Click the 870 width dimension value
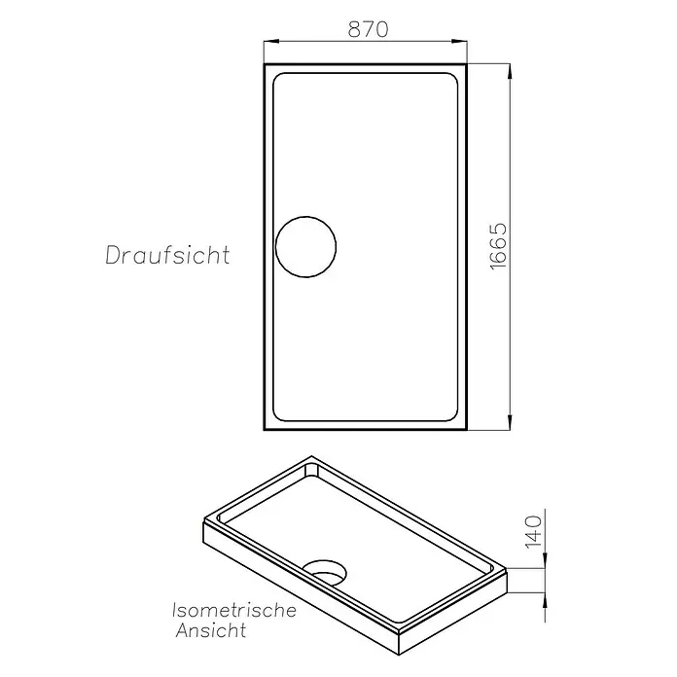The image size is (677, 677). pyautogui.click(x=368, y=29)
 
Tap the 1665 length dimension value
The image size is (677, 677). pyautogui.click(x=498, y=246)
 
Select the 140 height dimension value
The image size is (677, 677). pyautogui.click(x=534, y=531)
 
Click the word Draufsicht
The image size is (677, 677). pyautogui.click(x=167, y=255)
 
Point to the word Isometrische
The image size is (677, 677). pyautogui.click(x=234, y=611)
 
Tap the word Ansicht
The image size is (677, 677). pyautogui.click(x=211, y=631)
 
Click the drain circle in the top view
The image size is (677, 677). pyautogui.click(x=305, y=217)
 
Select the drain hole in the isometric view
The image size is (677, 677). pyautogui.click(x=324, y=573)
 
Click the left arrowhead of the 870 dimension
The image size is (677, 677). pyautogui.click(x=270, y=42)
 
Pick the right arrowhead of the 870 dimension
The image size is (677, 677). pyautogui.click(x=459, y=42)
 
